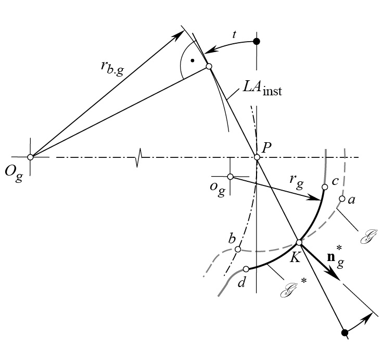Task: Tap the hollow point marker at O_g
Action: coord(30,157)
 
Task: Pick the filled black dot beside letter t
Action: coord(256,41)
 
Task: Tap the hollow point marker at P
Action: coord(257,157)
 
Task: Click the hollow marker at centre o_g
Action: coord(231,177)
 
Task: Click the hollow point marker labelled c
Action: coord(324,187)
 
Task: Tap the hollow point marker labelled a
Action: coord(342,198)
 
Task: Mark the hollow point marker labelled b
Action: coord(238,249)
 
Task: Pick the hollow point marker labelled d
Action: coord(246,269)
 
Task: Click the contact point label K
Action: coord(295,256)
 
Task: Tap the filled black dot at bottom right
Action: coord(344,332)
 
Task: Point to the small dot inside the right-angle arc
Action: coord(193,61)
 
